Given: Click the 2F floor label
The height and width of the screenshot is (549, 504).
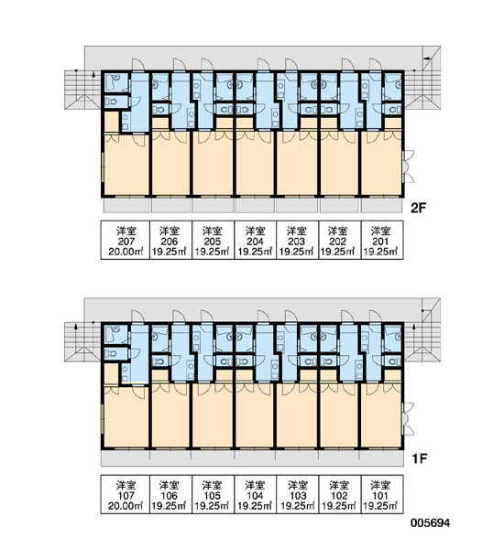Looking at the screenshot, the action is point(418,209).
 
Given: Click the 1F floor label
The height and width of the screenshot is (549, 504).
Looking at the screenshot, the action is point(419,458).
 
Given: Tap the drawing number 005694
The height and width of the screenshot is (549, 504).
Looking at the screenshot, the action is point(431,523).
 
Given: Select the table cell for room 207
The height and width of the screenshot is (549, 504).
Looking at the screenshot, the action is point(126,240).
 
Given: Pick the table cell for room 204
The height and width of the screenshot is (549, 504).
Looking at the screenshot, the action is point(255,240).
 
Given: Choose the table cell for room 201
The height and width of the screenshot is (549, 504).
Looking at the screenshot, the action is point(382,240).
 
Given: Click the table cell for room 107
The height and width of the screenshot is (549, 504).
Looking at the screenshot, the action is point(126,494).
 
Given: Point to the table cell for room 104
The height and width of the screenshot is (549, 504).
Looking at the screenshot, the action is point(255,494).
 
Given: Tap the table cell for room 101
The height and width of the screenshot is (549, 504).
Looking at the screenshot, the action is point(382,494).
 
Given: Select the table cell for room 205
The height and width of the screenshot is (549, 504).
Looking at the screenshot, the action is point(213,240).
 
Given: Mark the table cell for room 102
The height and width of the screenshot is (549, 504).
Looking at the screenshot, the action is point(340,494).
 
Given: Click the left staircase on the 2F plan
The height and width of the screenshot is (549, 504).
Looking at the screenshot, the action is point(83,90).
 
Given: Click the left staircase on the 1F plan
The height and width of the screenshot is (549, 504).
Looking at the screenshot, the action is point(83,342).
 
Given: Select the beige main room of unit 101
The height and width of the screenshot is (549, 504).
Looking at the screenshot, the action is point(381,415).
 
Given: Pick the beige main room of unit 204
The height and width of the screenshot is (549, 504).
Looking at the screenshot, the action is point(255,163).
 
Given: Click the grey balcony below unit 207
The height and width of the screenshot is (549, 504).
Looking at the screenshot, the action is point(126,206).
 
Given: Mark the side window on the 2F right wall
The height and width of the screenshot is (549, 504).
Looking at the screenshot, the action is point(409,167).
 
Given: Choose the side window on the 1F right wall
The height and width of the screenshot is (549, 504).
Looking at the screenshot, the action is point(409,419).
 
